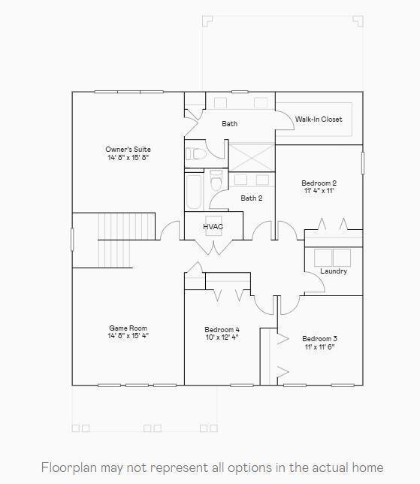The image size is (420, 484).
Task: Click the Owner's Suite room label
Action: (128, 149)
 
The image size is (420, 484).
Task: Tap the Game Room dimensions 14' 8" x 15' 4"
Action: (128, 336)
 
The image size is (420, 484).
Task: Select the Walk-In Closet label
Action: (319, 119)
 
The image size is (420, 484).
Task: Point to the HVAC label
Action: (213, 226)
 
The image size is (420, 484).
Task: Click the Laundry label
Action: (334, 271)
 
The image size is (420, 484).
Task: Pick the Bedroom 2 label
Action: (319, 183)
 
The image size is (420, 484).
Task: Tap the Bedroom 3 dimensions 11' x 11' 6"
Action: (320, 346)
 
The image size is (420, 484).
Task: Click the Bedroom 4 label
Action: (222, 330)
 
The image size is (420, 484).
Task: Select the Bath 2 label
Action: (252, 198)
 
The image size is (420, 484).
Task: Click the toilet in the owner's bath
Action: (196, 154)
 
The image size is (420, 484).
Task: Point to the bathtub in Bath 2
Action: (194, 192)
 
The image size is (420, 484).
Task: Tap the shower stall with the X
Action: (252, 157)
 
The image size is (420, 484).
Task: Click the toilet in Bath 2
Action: (216, 180)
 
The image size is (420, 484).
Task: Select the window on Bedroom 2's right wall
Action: (363, 163)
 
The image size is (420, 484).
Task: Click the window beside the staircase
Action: (72, 240)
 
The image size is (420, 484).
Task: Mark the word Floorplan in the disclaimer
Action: (69, 467)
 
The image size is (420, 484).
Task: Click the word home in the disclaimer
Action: (368, 467)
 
